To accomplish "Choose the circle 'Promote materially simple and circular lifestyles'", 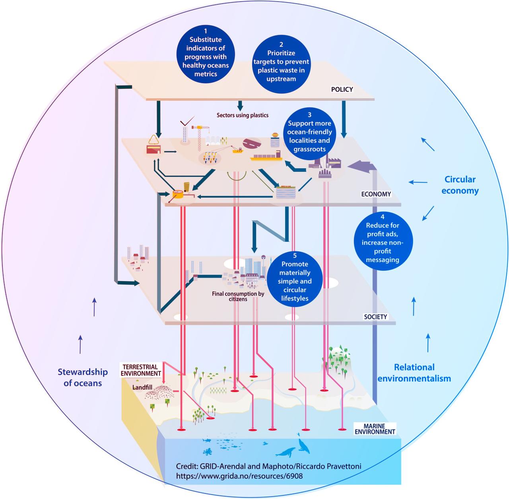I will [295, 277].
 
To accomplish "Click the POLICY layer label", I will [342, 89].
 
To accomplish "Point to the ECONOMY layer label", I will [376, 194].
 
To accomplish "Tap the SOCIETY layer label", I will [375, 317].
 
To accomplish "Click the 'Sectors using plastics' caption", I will [243, 115].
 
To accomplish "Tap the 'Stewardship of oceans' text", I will [83, 377].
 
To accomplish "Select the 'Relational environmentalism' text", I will [414, 373].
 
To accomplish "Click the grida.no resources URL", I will [239, 476].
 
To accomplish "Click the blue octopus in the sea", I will [208, 451].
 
